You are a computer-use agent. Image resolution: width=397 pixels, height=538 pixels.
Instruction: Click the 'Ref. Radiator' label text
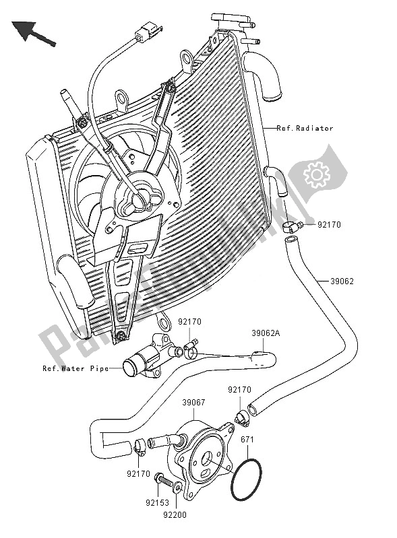tap(305, 128)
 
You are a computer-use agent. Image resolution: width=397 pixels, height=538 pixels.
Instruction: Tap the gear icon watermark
tap(315, 175)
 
